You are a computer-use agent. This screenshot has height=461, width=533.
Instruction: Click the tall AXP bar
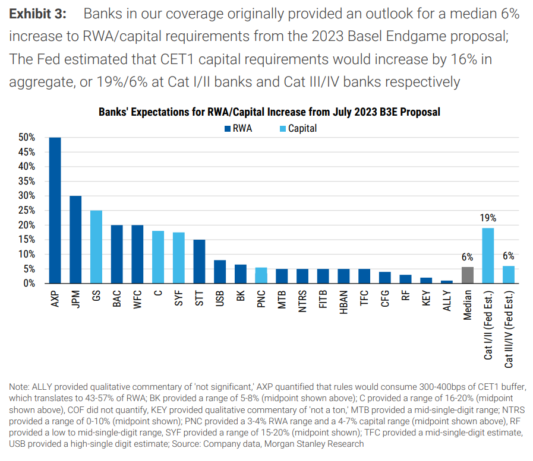point(55,210)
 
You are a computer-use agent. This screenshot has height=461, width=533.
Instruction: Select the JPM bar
point(75,239)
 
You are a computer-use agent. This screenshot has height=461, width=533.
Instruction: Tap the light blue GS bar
point(96,247)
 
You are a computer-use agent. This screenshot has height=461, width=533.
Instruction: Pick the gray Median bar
point(468,275)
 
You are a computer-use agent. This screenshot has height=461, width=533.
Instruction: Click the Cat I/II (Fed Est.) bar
point(488,256)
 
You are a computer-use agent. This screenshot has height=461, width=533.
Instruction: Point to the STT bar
point(199,262)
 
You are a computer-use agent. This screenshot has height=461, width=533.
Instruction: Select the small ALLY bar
point(447,282)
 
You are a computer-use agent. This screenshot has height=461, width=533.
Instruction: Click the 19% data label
point(488,218)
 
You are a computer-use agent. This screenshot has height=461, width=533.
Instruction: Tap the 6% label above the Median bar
point(467,257)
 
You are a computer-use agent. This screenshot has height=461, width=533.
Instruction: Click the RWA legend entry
point(238,128)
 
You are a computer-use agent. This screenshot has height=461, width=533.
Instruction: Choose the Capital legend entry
point(298,128)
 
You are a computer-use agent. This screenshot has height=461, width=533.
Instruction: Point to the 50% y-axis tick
point(27,137)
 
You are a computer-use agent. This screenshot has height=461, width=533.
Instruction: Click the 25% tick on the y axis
point(27,210)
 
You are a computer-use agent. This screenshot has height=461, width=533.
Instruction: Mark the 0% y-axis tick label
point(29,283)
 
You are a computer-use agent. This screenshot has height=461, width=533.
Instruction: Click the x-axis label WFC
point(137,299)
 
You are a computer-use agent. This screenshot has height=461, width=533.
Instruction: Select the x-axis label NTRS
point(302,301)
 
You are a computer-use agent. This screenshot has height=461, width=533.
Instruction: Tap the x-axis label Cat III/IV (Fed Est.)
point(509,329)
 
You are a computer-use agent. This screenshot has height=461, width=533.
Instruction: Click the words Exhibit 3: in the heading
point(37,14)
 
